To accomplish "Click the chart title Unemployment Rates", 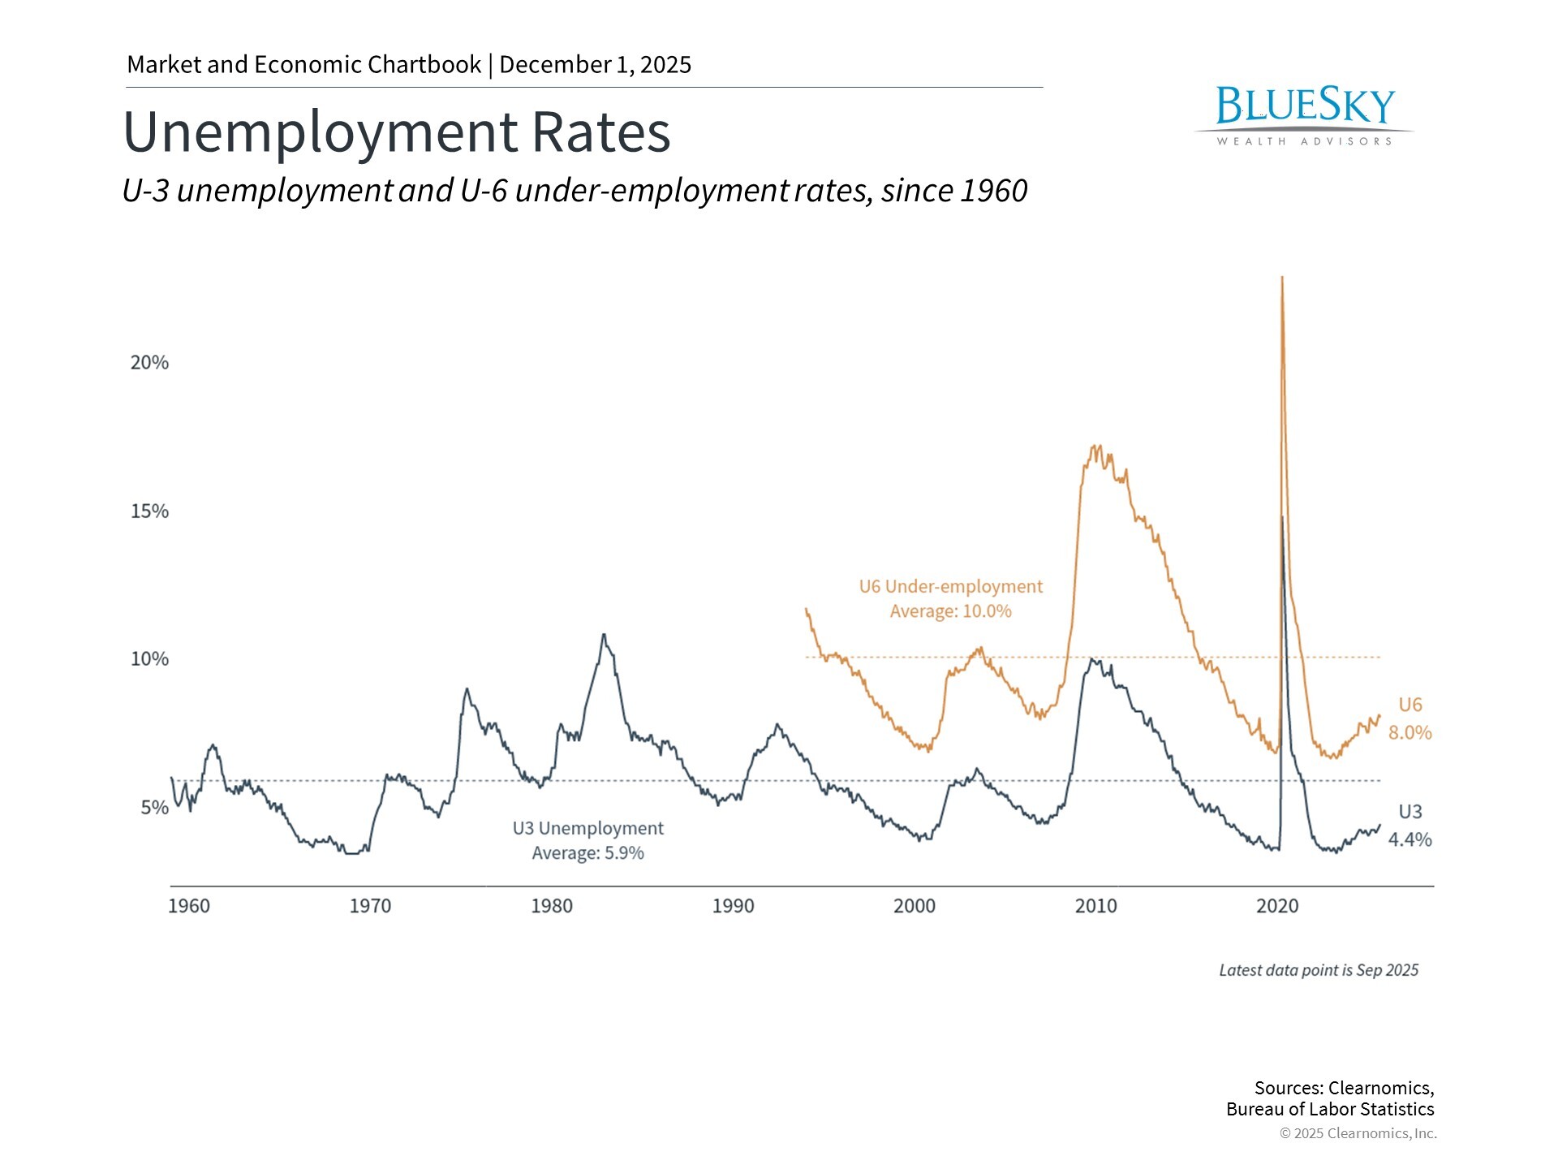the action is tap(397, 132).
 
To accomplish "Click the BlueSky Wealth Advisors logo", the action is tap(1304, 115).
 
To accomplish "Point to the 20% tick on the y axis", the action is tap(149, 362).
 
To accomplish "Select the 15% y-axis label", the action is tap(149, 511).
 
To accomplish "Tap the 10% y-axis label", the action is tap(149, 658).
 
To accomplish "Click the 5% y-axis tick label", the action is tap(154, 807).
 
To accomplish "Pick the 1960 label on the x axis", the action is tap(188, 906).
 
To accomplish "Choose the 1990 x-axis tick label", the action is tap(733, 906).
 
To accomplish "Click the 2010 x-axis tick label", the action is tap(1095, 906).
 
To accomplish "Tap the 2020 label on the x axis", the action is tap(1277, 906).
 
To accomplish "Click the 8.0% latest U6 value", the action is tap(1410, 732).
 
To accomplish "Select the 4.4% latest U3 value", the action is tap(1410, 839).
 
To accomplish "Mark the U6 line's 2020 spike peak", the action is tap(1281, 278).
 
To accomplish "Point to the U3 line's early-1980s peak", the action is tap(603, 635).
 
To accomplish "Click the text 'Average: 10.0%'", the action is tap(950, 611).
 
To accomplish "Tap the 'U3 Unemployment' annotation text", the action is tap(587, 828).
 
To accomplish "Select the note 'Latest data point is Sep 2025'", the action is tap(1319, 970).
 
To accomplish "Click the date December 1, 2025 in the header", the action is tap(595, 65).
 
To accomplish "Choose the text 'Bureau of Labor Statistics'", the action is tap(1330, 1109).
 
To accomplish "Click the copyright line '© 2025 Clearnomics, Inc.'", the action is tap(1358, 1133).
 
